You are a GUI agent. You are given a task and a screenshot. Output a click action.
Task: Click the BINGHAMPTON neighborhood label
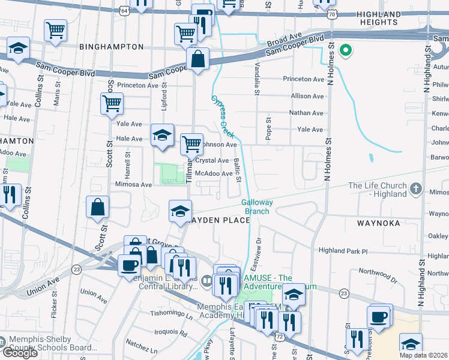(x=111, y=47)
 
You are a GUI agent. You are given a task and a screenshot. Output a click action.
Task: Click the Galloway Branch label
(x=258, y=206)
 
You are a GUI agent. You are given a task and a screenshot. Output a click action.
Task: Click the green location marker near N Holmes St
(x=345, y=50)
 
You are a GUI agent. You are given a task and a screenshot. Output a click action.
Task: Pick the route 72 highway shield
(x=280, y=338)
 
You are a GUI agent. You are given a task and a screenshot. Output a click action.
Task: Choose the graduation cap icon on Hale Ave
(x=161, y=136)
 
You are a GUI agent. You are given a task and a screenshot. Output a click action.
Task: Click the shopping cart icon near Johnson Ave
(x=191, y=143)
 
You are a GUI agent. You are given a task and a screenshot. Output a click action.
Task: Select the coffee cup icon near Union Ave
(x=129, y=265)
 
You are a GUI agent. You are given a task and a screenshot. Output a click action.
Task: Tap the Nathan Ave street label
(x=306, y=113)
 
